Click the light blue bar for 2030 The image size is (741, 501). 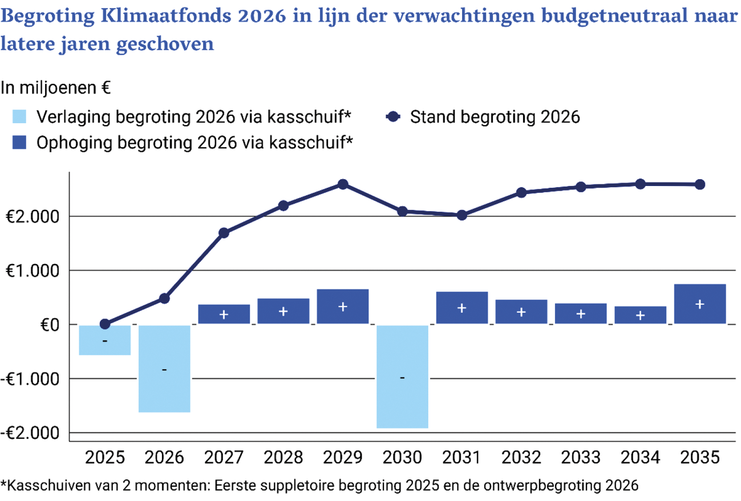point(402,376)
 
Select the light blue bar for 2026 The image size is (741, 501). point(164,368)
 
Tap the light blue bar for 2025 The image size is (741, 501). point(105,340)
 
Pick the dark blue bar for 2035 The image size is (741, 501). point(699,304)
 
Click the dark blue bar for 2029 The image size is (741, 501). point(343,306)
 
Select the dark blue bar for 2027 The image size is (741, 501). point(224,314)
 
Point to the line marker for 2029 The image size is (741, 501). point(343,184)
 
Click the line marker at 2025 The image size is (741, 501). point(105,324)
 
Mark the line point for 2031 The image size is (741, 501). point(462,215)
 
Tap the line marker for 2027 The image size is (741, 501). point(224,233)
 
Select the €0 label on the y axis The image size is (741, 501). point(48,325)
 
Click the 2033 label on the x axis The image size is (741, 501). point(581,458)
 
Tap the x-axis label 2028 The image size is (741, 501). point(284,458)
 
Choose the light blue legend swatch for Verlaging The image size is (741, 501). point(20,117)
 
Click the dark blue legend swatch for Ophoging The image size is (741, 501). point(20,142)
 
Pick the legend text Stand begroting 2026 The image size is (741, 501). point(495,117)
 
